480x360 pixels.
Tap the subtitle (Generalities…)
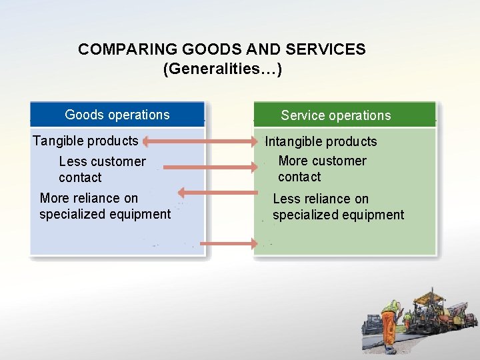(223, 69)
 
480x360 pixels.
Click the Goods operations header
(117, 115)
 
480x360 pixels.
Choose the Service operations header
(336, 115)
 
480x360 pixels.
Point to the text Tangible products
(85, 141)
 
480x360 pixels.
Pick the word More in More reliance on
(55, 198)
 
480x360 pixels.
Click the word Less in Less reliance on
(287, 199)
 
